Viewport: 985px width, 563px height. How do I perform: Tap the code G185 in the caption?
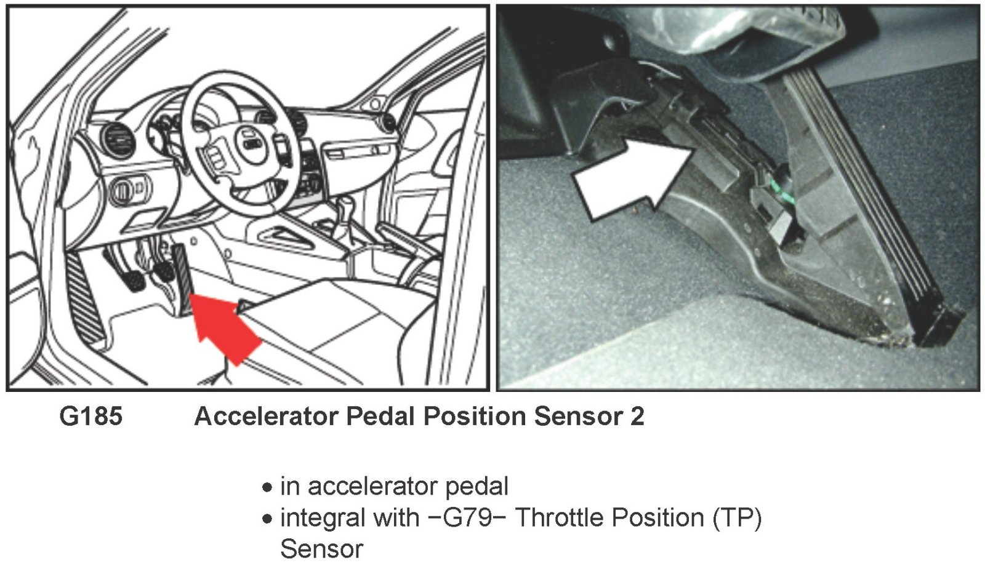click(91, 416)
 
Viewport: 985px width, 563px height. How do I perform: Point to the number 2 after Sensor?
click(637, 416)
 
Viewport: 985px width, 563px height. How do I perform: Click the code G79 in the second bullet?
click(467, 517)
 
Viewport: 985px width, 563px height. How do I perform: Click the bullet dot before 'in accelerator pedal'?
click(267, 488)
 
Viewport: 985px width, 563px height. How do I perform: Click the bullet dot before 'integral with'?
click(267, 519)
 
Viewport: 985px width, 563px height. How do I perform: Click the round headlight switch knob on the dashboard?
click(122, 190)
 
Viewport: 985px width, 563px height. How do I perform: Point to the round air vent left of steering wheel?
click(116, 141)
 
